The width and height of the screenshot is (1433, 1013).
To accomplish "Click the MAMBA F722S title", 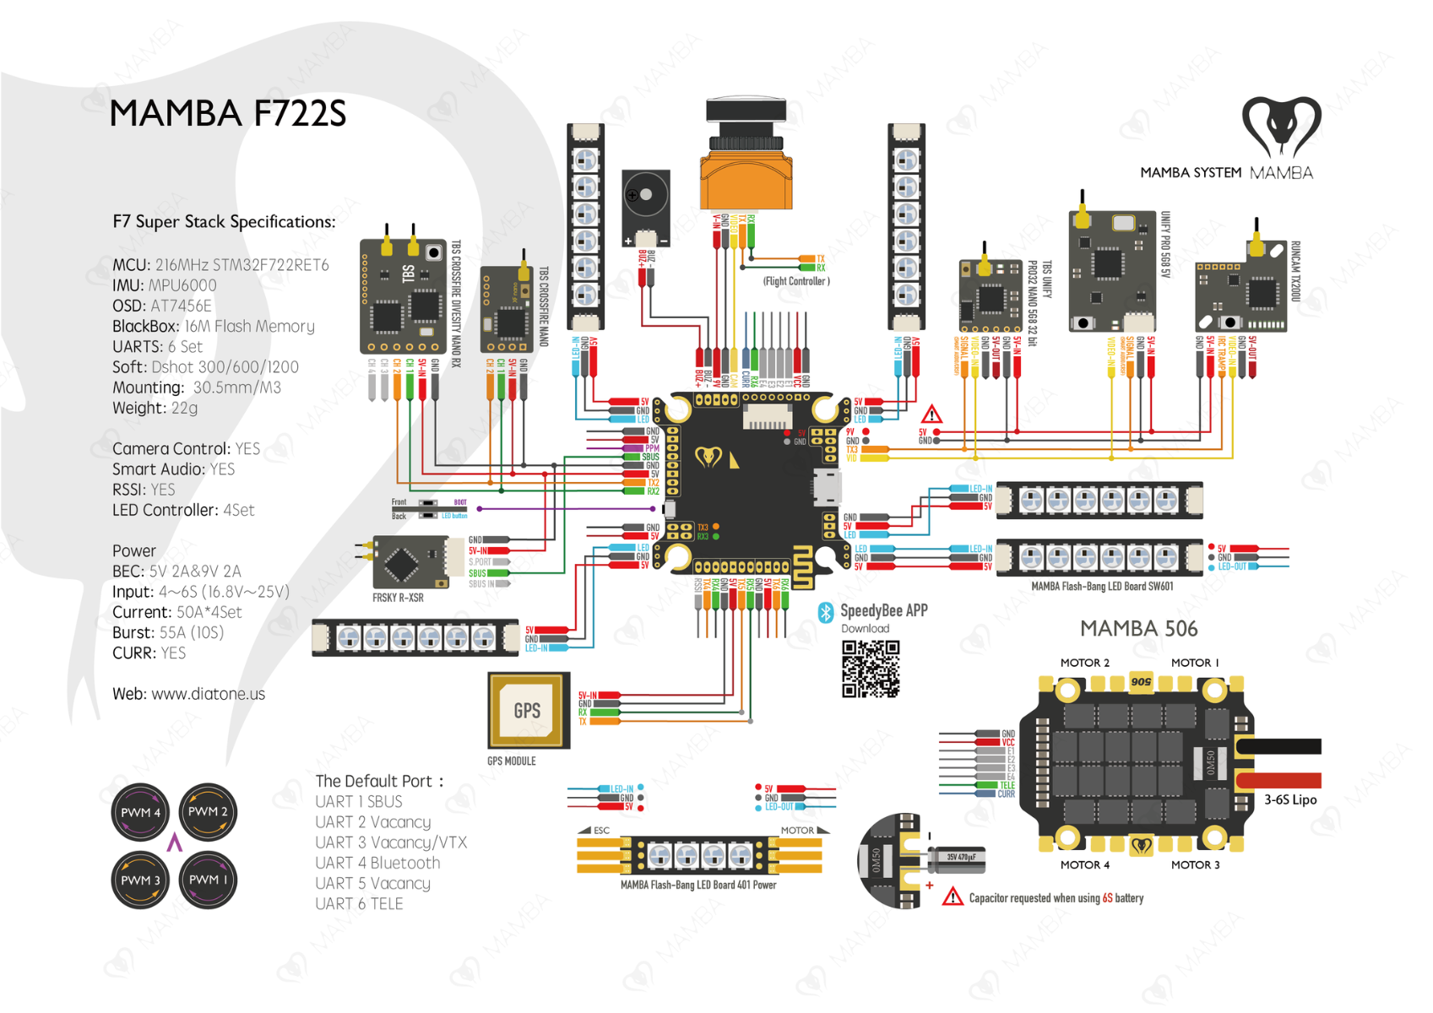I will [x=228, y=114].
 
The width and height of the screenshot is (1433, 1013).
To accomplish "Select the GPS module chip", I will [x=528, y=710].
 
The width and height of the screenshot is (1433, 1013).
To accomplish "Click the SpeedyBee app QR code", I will [x=871, y=669].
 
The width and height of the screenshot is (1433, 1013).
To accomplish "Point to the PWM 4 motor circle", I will [x=140, y=812].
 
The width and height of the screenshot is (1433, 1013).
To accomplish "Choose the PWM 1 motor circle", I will [x=208, y=880].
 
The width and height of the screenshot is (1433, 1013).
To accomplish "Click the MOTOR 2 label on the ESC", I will [x=1084, y=663].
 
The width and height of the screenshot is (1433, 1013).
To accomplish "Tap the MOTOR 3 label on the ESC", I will [x=1195, y=864].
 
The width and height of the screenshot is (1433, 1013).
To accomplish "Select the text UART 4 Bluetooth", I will [x=377, y=863].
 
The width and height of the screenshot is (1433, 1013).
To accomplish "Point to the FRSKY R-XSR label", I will [x=398, y=598].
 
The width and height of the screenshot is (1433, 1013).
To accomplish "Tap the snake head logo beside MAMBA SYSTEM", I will [x=1281, y=127].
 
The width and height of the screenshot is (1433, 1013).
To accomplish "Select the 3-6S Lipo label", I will [x=1289, y=799].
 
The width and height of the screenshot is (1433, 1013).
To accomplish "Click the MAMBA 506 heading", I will [x=1138, y=629].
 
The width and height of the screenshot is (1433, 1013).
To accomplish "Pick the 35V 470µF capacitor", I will [x=959, y=859].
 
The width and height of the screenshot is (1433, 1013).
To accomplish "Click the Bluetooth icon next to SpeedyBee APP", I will [x=826, y=612].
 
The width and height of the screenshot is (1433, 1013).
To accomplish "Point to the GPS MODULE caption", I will [x=511, y=761].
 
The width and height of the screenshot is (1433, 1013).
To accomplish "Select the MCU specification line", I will [x=220, y=265].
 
